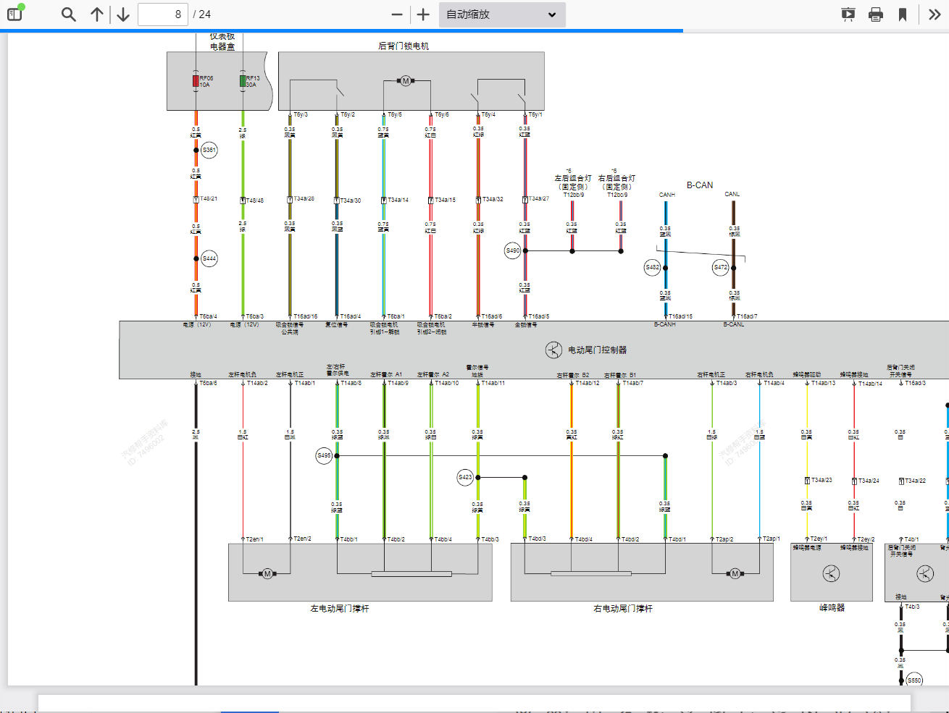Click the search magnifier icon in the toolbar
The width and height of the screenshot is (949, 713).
(x=69, y=14)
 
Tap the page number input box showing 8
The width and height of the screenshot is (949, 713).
(x=163, y=14)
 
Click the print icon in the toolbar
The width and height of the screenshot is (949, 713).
(x=876, y=14)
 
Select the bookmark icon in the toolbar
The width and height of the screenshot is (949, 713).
(x=903, y=14)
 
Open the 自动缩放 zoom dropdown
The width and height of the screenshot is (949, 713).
(x=502, y=14)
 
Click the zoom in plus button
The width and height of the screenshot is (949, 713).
(x=424, y=14)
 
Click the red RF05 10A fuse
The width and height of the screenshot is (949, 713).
(x=196, y=80)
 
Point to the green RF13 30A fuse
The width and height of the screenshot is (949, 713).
(x=243, y=80)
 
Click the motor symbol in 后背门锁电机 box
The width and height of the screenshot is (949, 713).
(x=406, y=81)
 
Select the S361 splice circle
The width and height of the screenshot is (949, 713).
(x=209, y=150)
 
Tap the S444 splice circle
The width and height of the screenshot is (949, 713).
(x=209, y=258)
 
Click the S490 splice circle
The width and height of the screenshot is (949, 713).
(x=512, y=251)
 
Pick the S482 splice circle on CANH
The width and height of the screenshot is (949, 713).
(x=653, y=267)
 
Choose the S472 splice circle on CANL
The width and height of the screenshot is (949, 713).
(x=721, y=267)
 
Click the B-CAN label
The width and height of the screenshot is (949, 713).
(x=700, y=185)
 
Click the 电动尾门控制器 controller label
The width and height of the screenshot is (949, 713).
(x=597, y=350)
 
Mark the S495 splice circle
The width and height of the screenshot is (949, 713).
(x=324, y=455)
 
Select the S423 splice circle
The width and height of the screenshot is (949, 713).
(x=465, y=477)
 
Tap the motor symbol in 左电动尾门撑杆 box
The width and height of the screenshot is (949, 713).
(x=267, y=574)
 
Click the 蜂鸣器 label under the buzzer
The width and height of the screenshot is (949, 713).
(x=832, y=608)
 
